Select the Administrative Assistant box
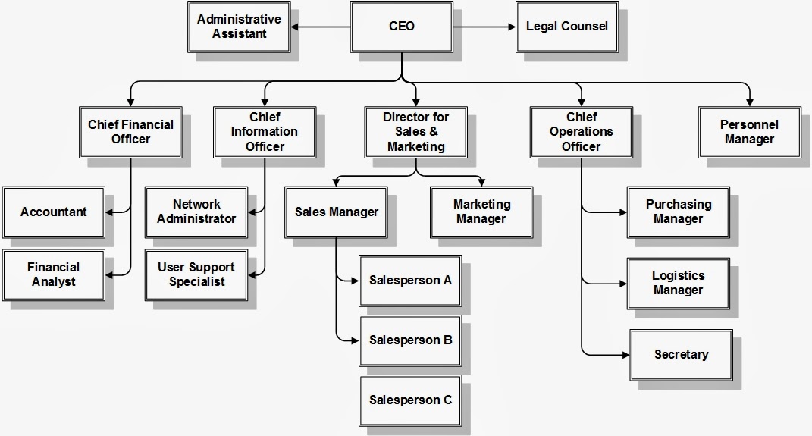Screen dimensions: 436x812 click(239, 27)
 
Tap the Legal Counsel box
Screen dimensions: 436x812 click(566, 27)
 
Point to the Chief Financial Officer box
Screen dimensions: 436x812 click(130, 131)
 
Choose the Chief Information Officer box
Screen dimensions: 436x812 click(265, 131)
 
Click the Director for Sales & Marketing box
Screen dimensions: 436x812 click(415, 131)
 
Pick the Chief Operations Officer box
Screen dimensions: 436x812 click(581, 131)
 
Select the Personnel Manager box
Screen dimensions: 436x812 click(749, 131)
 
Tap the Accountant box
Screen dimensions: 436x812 click(53, 212)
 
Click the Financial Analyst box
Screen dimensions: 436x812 click(53, 274)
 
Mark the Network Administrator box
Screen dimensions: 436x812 click(196, 212)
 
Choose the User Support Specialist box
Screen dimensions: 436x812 click(196, 274)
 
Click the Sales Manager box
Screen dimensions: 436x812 click(336, 212)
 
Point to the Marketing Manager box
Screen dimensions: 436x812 click(481, 212)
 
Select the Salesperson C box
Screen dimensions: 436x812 click(410, 400)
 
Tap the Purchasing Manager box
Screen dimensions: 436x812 click(679, 212)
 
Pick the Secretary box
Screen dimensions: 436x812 click(681, 354)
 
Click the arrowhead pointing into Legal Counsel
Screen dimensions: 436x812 click(512, 27)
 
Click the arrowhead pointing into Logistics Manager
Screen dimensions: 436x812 click(622, 284)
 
